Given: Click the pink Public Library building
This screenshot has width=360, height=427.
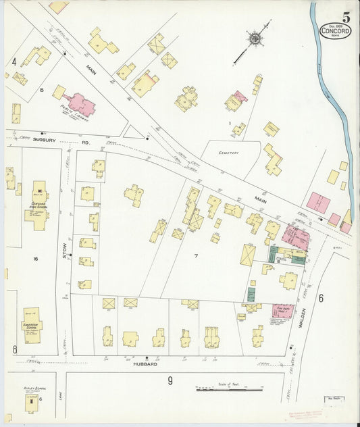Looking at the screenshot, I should (x=80, y=105).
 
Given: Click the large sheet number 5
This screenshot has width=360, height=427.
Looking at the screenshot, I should (x=346, y=17).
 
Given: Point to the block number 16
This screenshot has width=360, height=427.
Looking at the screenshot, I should (x=35, y=258).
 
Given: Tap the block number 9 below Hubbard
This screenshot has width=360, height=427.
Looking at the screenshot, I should (x=170, y=381).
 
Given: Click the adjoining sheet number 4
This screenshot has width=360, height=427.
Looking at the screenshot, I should (x=14, y=62).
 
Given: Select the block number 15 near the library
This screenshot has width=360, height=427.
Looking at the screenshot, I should (x=41, y=90).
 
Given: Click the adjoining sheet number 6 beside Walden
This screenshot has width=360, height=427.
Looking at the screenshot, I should (x=321, y=298).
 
